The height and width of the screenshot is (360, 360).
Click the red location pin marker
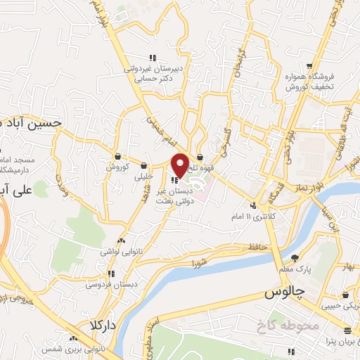pyautogui.click(x=180, y=164)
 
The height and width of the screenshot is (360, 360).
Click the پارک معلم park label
pyautogui.click(x=295, y=269)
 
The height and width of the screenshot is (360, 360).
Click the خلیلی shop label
pyautogui.click(x=143, y=177)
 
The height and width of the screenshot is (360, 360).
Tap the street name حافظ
pyautogui.click(x=257, y=247)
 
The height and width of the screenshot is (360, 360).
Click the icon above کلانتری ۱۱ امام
pyautogui.click(x=253, y=206)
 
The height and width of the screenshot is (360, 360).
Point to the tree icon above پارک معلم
pyautogui.click(x=295, y=258)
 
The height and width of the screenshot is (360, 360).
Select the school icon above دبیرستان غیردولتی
pyautogui.click(x=152, y=58)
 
